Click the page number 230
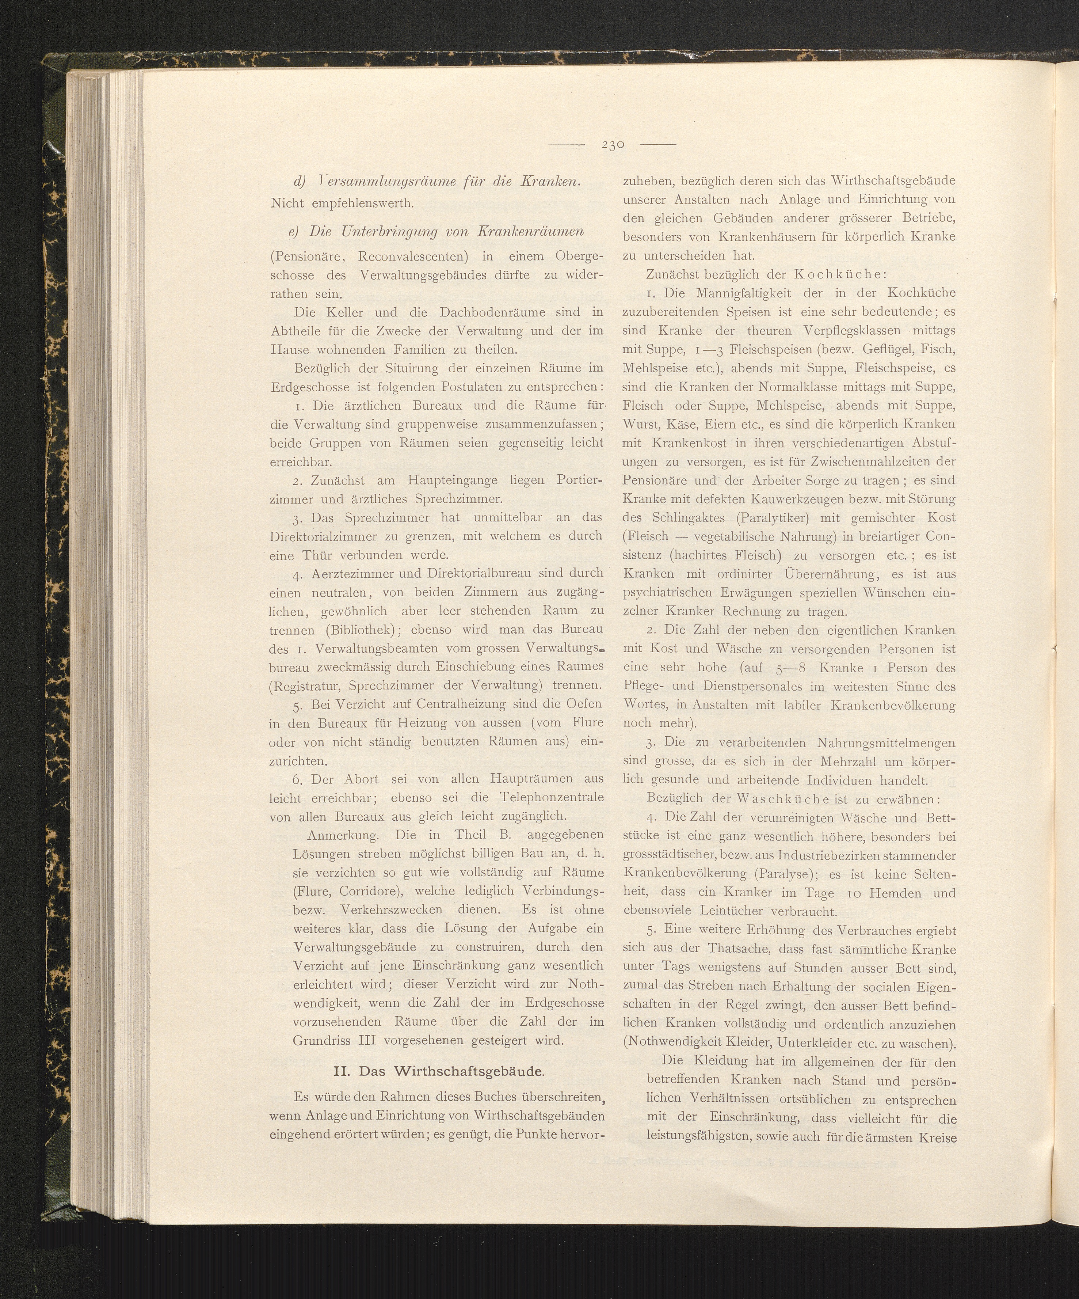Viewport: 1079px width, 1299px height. pos(612,145)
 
